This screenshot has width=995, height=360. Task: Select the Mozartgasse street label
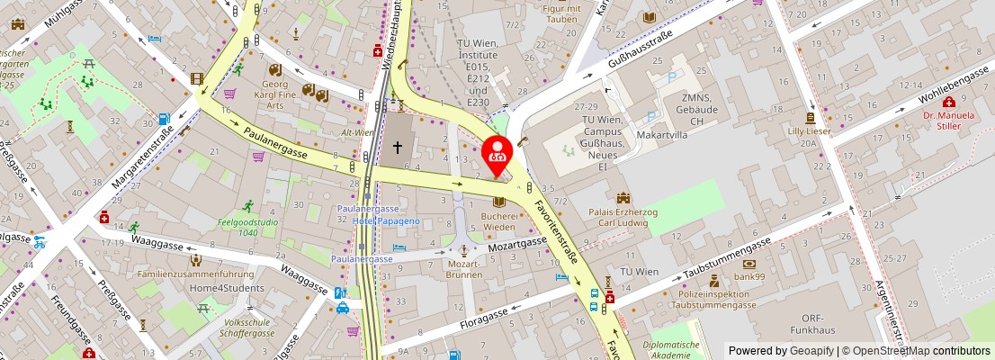point(517,243)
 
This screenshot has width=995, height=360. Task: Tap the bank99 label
point(748,276)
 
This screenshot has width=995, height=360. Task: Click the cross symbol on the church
point(397,146)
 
